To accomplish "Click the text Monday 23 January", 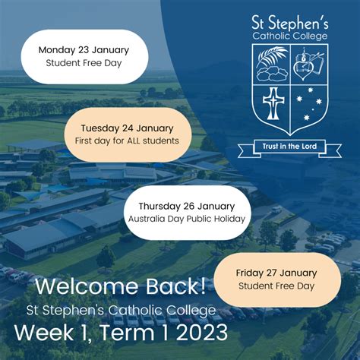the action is click(84, 50).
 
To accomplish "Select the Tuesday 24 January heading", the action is click(127, 128).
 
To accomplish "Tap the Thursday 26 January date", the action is click(187, 207).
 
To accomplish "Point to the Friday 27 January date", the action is click(276, 273).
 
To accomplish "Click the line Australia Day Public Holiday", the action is click(187, 219).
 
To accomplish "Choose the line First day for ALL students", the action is click(127, 141).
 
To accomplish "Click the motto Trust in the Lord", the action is click(289, 147).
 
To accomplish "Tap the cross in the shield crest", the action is click(273, 103).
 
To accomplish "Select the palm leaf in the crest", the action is click(272, 56).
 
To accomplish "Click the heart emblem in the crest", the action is click(304, 68).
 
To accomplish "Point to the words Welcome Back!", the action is click(121, 286).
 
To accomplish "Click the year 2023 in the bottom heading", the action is click(202, 333).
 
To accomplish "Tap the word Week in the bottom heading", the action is click(44, 333).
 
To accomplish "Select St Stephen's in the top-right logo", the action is click(290, 23).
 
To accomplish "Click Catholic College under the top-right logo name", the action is click(290, 36).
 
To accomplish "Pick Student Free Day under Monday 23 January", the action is click(84, 63).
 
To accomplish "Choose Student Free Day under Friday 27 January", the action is click(276, 286).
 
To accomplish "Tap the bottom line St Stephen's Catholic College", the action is click(121, 311).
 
